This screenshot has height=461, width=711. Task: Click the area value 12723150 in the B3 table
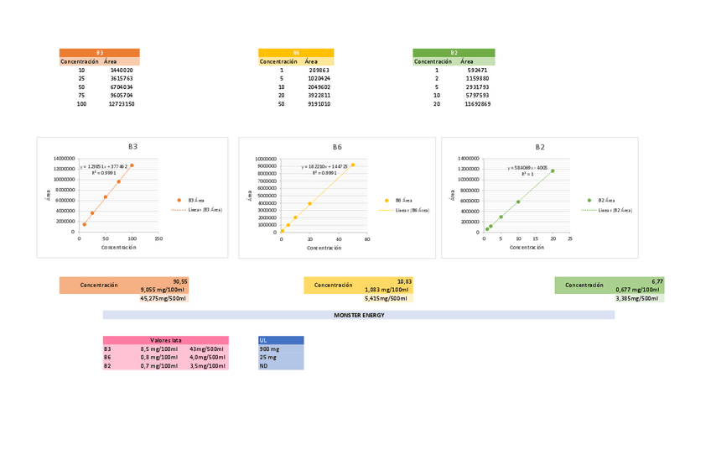[122, 104]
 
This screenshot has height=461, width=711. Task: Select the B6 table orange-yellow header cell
[296, 52]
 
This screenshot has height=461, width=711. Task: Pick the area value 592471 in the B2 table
[478, 70]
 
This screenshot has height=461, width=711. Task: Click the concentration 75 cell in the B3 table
[81, 96]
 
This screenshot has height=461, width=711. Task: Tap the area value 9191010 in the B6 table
[319, 104]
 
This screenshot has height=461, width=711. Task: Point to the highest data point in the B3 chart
[132, 165]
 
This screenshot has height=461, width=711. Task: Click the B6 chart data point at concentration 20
[310, 203]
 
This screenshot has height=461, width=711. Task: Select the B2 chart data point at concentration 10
[518, 202]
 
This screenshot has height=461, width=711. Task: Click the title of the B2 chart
[540, 147]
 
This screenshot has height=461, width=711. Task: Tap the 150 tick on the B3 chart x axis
[158, 238]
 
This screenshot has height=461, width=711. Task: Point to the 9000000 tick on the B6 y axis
[267, 166]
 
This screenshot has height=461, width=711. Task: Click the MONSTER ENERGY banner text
[359, 314]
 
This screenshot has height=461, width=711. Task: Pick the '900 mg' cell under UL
[270, 348]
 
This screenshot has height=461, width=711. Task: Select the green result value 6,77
[657, 281]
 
